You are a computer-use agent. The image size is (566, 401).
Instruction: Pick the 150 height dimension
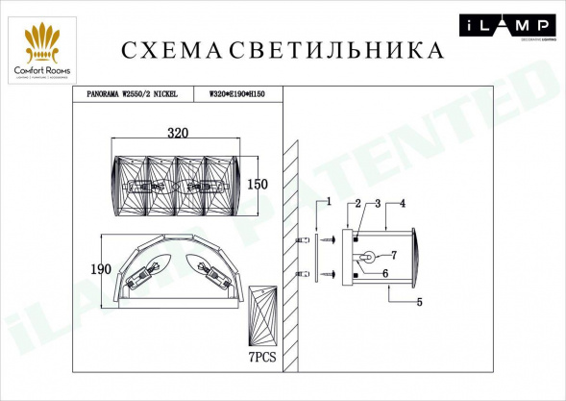pos(257,184)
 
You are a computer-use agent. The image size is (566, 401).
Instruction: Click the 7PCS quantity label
pos(260,356)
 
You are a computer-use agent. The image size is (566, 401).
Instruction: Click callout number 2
pos(357,203)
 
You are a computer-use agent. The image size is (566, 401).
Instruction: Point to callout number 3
pos(378,203)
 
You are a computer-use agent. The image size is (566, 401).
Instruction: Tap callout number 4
pos(403,203)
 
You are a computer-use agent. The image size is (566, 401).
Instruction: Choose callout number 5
pos(419,303)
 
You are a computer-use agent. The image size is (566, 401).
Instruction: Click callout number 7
pos(392,255)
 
